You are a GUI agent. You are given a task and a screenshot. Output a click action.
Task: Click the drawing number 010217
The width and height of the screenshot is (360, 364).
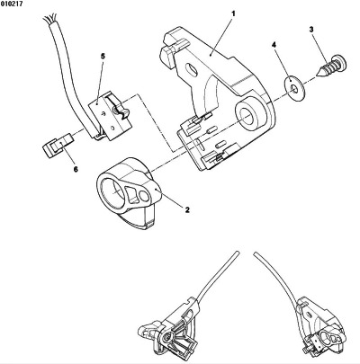[x=12, y=4]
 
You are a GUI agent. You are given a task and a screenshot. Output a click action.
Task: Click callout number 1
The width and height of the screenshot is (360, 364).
[x=233, y=13]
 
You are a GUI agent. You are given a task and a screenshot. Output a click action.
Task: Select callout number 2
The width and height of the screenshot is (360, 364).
[x=187, y=209]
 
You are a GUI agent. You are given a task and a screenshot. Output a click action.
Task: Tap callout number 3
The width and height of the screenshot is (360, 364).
[x=311, y=30]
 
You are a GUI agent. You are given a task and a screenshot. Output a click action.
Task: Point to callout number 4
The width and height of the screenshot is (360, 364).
[x=274, y=45]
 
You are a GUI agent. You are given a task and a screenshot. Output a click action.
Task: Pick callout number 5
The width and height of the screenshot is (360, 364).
[x=103, y=56]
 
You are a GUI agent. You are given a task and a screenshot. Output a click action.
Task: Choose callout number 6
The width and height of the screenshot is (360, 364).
[x=76, y=169]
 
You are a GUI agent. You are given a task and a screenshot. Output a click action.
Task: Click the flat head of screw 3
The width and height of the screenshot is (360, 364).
[x=342, y=62]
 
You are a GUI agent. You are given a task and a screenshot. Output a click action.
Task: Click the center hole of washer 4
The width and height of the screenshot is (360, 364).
[x=294, y=88]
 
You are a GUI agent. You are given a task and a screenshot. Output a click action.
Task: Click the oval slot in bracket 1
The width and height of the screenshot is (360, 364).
[x=192, y=68]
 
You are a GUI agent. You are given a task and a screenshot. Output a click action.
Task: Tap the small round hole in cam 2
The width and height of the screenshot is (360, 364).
[x=144, y=196]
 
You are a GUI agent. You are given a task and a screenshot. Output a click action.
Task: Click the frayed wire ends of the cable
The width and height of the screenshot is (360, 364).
[x=48, y=19]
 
